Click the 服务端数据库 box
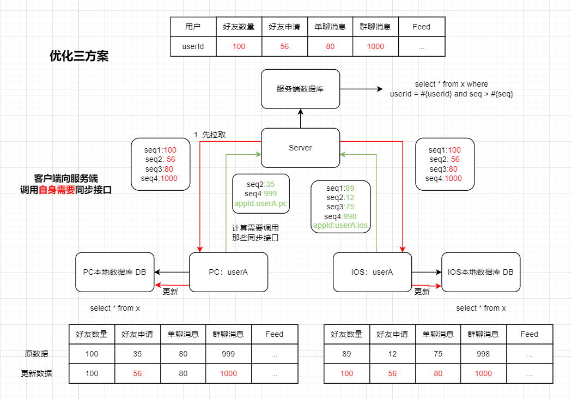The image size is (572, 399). coord(300,89)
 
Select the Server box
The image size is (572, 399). coord(300,148)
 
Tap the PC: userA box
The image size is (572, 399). coord(228,271)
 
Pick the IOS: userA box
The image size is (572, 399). coord(372,271)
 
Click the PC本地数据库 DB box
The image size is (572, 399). coord(114,271)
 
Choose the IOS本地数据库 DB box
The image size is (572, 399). coord(480,271)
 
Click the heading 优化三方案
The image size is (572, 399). coord(79,56)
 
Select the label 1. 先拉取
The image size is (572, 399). coord(210,135)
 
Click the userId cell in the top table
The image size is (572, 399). coord(193,46)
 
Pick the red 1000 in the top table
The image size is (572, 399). coord(375,46)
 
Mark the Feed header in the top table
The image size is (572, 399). coord(421,27)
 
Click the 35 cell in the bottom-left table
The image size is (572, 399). coord(137,354)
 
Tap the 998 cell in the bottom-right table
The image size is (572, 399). coord(483,354)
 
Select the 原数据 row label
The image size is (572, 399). coord(36,354)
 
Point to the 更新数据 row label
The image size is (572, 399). coord(36,374)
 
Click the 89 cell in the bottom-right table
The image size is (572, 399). coord(346,354)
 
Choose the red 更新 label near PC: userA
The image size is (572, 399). coord(171,291)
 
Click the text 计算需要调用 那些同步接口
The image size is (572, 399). coord(255,233)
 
